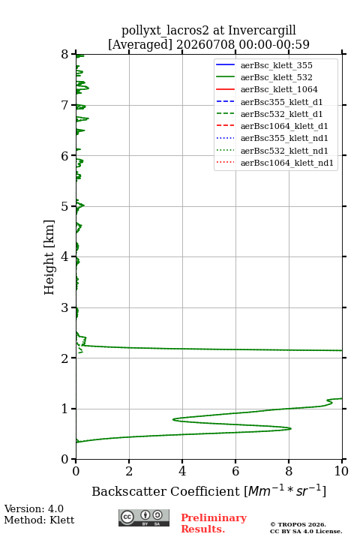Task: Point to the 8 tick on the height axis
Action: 73,55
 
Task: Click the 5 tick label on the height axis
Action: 64,207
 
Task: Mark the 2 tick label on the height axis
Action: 64,358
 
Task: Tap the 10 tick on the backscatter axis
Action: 342,461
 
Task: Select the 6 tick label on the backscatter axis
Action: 235,471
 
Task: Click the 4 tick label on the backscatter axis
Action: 182,471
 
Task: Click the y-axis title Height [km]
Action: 49,257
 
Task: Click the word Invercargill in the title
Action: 262,30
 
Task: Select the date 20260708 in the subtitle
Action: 205,44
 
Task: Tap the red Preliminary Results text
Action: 214,523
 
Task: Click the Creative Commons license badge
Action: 144,518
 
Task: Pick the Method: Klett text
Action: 39,520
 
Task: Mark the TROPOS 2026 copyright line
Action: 298,524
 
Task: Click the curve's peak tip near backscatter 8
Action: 291,429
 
